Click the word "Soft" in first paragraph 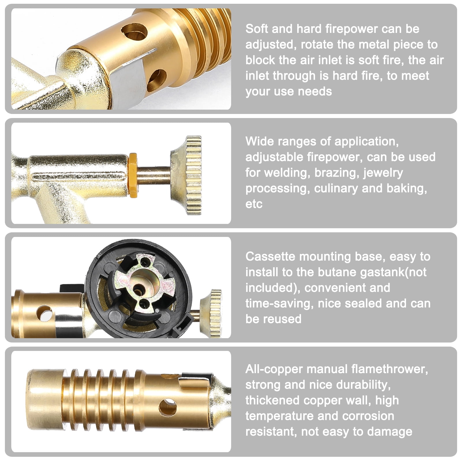pos(257,29)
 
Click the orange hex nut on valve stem pos(133,175)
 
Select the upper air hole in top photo pos(134,31)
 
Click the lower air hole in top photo pos(157,80)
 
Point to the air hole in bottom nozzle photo pos(168,407)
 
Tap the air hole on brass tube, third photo pos(44,314)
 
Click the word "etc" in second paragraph pos(254,204)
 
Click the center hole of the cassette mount pos(140,290)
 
